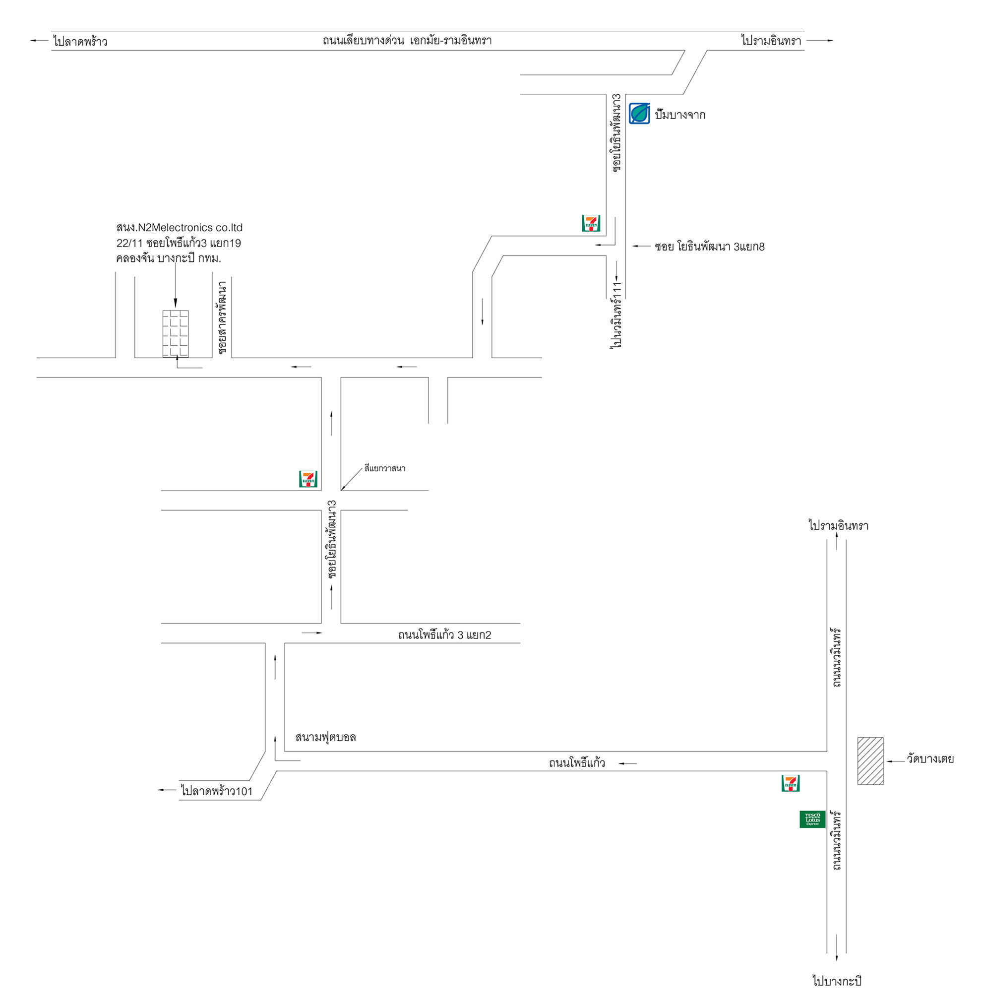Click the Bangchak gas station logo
[x=639, y=114]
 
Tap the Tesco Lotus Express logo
[x=812, y=819]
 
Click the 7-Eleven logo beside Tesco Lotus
[x=790, y=783]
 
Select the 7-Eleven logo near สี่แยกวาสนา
[x=308, y=479]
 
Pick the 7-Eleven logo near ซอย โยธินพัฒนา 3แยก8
[x=591, y=223]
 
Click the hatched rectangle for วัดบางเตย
[x=870, y=761]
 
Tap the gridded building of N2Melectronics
[x=176, y=334]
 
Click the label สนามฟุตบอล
[x=325, y=737]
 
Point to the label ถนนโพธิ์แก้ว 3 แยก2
[x=444, y=635]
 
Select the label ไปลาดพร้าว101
[x=217, y=791]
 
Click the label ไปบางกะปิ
[x=837, y=981]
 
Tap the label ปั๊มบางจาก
[x=680, y=115]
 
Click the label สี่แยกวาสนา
[x=385, y=468]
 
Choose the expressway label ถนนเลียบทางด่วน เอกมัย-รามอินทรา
[x=407, y=41]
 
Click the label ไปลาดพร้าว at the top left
[x=80, y=41]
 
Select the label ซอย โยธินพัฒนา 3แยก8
[x=709, y=247]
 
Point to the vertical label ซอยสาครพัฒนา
[x=222, y=317]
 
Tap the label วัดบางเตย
[x=930, y=759]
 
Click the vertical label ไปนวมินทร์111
[x=616, y=315]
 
